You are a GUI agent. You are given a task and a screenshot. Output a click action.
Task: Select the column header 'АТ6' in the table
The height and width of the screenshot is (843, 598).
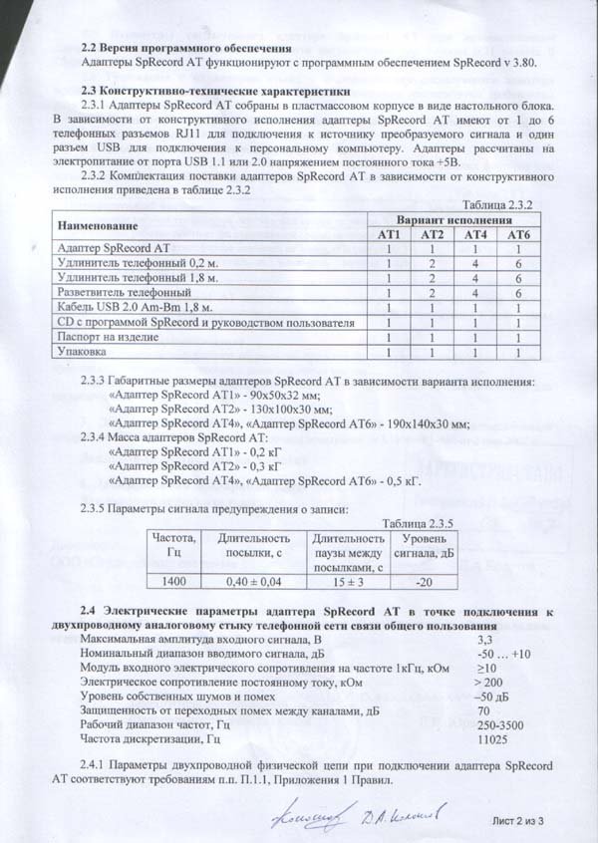point(519,233)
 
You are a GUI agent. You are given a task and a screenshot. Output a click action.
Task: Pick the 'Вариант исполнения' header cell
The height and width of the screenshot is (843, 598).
point(455,218)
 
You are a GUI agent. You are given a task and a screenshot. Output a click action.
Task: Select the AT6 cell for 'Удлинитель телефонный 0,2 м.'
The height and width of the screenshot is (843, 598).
point(519,263)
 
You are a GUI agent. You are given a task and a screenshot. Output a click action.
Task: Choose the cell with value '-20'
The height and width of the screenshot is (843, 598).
point(423,581)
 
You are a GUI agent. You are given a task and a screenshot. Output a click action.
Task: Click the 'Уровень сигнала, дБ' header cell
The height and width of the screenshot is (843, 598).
point(423,546)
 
